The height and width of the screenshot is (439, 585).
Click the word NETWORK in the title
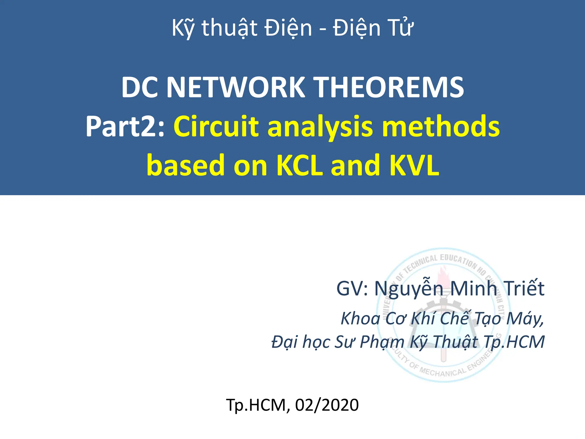235,87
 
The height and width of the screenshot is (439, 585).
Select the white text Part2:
125,127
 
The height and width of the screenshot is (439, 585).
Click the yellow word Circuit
216,127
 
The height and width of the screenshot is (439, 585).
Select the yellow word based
185,165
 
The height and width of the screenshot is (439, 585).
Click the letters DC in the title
140,87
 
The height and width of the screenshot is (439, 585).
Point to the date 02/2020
327,405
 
